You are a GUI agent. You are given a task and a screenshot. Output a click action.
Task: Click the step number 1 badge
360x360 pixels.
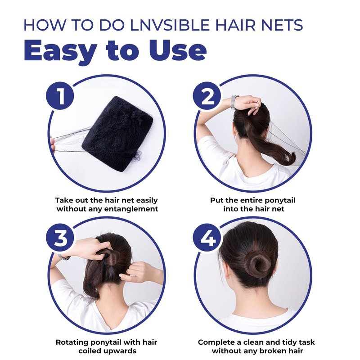[x=60, y=96]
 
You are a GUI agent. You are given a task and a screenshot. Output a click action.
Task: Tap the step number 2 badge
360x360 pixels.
[x=207, y=96]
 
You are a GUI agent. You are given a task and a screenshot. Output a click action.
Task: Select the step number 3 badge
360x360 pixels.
[x=60, y=238]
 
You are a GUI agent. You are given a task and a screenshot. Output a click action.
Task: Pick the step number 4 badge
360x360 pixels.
[x=207, y=238]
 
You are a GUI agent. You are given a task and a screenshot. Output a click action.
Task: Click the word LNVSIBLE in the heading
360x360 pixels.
[x=170, y=25]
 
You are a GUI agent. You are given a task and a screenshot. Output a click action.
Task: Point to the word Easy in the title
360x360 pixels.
[x=60, y=51]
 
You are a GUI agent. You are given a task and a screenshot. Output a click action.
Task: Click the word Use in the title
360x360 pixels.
[x=178, y=50]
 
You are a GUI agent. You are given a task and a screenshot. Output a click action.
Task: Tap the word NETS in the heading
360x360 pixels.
[x=282, y=25]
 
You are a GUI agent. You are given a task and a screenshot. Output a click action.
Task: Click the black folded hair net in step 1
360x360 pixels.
[x=117, y=134]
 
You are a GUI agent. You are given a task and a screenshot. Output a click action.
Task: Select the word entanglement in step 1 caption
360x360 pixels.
[x=131, y=209]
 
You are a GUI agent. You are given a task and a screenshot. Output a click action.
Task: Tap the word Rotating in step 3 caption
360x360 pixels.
[x=72, y=342]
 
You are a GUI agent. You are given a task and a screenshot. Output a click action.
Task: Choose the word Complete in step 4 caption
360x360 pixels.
[x=216, y=342]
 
